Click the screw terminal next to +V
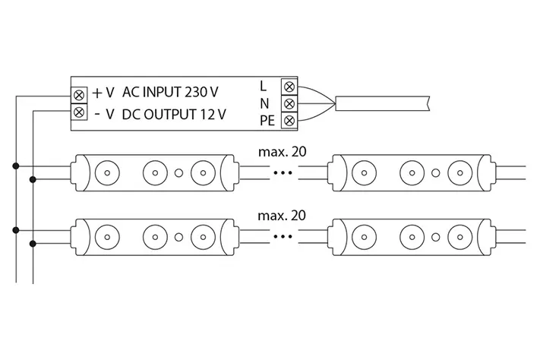click(80, 93)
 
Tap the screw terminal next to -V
click(80, 113)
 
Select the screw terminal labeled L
click(288, 86)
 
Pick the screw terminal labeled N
click(288, 103)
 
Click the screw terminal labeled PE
click(288, 121)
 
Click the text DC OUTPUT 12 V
click(173, 115)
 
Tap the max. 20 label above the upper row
click(283, 151)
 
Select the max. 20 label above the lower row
click(283, 215)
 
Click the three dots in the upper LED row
click(283, 173)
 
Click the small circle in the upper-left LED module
click(178, 172)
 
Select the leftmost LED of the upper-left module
click(107, 172)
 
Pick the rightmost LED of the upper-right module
click(459, 172)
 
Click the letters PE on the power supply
click(267, 121)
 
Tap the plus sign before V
click(96, 93)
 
